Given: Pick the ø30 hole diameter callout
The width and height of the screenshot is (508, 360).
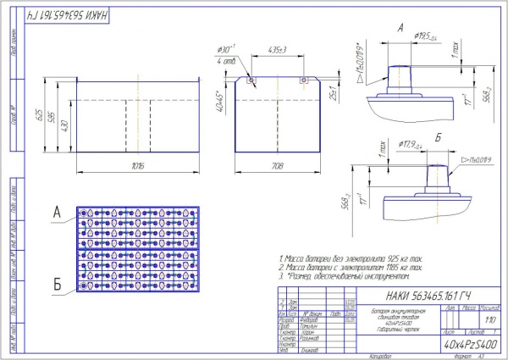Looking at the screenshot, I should [224, 49].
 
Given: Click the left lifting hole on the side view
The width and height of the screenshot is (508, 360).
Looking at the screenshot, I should [251, 81].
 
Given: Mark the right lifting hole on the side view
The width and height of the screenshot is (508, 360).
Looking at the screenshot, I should [302, 81].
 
